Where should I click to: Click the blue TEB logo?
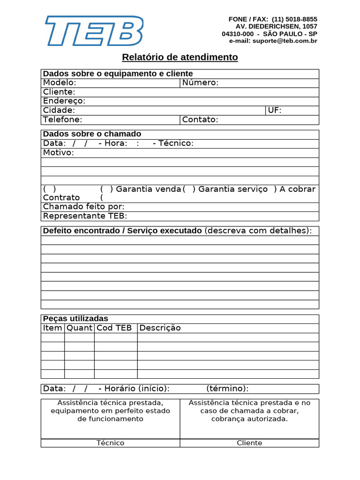point(94,31)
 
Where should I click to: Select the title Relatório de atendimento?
point(180,57)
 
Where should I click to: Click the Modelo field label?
point(60,83)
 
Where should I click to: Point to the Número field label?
point(200,83)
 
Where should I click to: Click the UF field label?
point(274,110)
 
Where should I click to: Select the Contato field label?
point(200,120)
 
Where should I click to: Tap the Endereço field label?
point(64,101)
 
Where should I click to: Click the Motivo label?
point(58,152)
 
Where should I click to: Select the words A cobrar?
point(297,189)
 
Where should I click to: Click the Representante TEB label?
point(85,216)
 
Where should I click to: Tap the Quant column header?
point(79,328)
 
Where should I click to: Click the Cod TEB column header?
point(114,328)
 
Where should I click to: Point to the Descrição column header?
point(160,328)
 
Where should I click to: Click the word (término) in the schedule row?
point(227,389)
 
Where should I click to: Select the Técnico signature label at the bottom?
point(110,443)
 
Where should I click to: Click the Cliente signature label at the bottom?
point(249,443)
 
